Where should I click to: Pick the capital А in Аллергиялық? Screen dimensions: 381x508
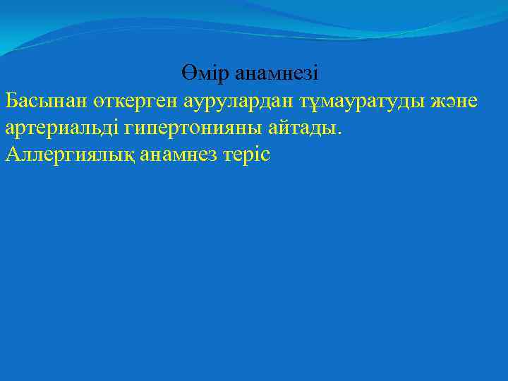(12, 155)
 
